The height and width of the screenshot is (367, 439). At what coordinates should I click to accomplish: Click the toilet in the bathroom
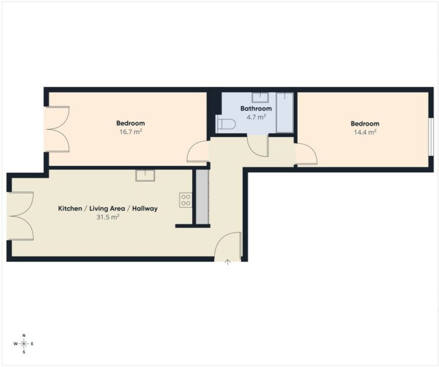pyautogui.click(x=226, y=124)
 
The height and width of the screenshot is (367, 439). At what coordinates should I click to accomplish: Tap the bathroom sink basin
pyautogui.click(x=260, y=97)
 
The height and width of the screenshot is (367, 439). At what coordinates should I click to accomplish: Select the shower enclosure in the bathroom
pyautogui.click(x=284, y=113)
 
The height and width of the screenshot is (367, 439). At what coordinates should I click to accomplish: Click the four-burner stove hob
pyautogui.click(x=186, y=200)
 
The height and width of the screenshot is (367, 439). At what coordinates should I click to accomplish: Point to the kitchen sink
pyautogui.click(x=145, y=176)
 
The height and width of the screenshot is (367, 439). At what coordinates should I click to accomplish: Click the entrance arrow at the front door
pyautogui.click(x=228, y=262)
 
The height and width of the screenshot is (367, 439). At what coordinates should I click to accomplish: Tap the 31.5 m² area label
pyautogui.click(x=108, y=217)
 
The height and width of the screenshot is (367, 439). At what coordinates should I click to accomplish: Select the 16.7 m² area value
pyautogui.click(x=131, y=132)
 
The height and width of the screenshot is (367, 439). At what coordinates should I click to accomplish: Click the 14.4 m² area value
pyautogui.click(x=365, y=132)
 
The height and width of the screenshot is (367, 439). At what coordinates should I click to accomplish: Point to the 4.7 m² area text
pyautogui.click(x=256, y=117)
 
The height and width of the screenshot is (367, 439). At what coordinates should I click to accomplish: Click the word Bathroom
pyautogui.click(x=256, y=108)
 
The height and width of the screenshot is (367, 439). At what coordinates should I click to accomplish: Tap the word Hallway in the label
pyautogui.click(x=145, y=209)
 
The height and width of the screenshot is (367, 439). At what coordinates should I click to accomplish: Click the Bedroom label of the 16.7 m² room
pyautogui.click(x=131, y=123)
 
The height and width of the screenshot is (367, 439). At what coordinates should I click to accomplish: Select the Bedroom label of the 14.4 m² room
pyautogui.click(x=365, y=124)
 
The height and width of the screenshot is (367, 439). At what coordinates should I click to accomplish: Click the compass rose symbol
pyautogui.click(x=24, y=344)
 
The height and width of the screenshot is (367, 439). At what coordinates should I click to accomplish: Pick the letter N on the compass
pyautogui.click(x=24, y=335)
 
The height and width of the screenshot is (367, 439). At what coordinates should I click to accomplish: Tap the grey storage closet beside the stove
pyautogui.click(x=202, y=196)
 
